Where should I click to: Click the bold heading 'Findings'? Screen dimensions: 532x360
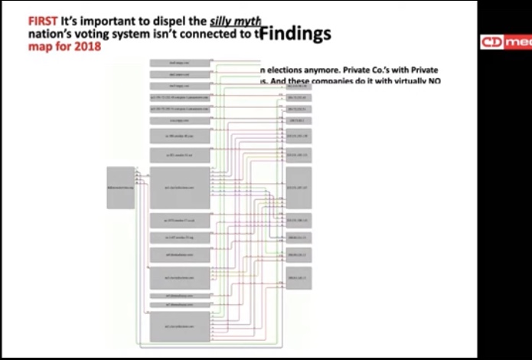point(295,33)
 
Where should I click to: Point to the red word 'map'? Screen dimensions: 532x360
point(41,47)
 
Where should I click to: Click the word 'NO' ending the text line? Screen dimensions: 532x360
point(434,81)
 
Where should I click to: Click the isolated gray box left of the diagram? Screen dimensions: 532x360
point(120,186)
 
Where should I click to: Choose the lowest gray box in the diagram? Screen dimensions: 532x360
point(181,326)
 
